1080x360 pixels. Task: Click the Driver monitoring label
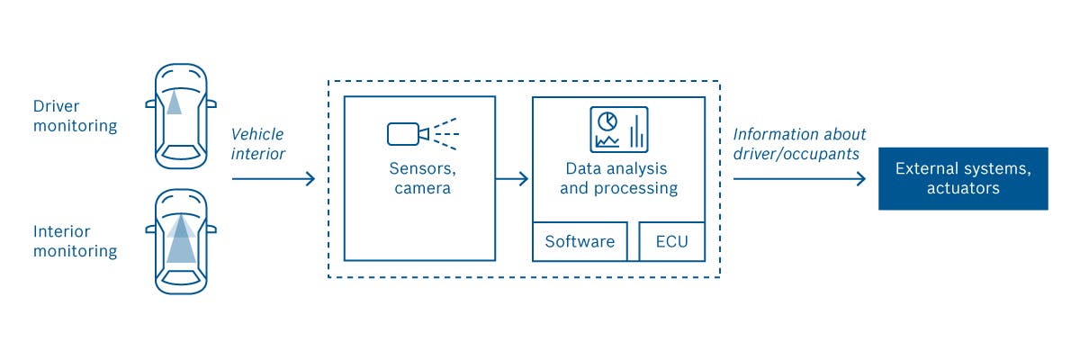pos(76,116)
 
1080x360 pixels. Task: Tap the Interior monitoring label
pos(76,241)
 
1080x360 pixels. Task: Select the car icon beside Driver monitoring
pos(181,116)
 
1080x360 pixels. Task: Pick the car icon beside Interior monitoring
pos(181,241)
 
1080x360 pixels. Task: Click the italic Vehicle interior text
pos(258,144)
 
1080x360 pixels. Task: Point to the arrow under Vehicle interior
pos(274,179)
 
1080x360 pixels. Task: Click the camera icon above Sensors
pos(423,133)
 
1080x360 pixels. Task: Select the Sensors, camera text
pos(422,178)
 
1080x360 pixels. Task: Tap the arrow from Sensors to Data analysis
pos(512,179)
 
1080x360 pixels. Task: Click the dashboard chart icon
pos(619,130)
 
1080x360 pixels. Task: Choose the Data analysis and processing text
pos(618,178)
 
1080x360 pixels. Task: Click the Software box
pos(580,241)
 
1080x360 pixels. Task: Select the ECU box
pos(672,241)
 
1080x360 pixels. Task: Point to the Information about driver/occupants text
pos(799,144)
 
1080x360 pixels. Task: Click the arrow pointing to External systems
pos(799,179)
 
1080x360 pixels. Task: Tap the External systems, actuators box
pos(963,178)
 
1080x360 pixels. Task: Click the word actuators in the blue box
pos(963,188)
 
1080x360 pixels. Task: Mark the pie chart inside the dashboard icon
pos(607,121)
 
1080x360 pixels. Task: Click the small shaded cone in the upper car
pos(174,103)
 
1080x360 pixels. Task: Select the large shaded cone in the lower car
pos(181,238)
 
